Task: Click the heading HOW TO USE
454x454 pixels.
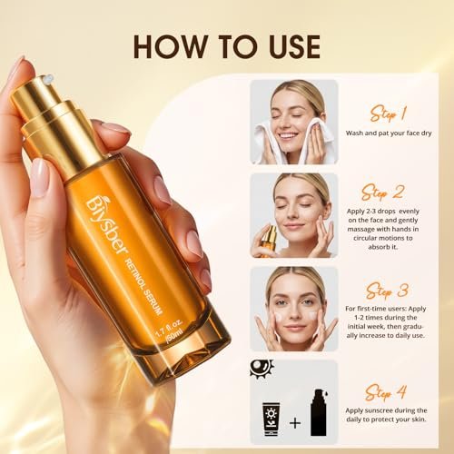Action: click(x=226, y=44)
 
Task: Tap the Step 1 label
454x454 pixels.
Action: click(x=388, y=114)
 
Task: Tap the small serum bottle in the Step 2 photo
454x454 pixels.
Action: click(x=270, y=240)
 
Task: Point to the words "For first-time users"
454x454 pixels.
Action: click(x=373, y=308)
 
